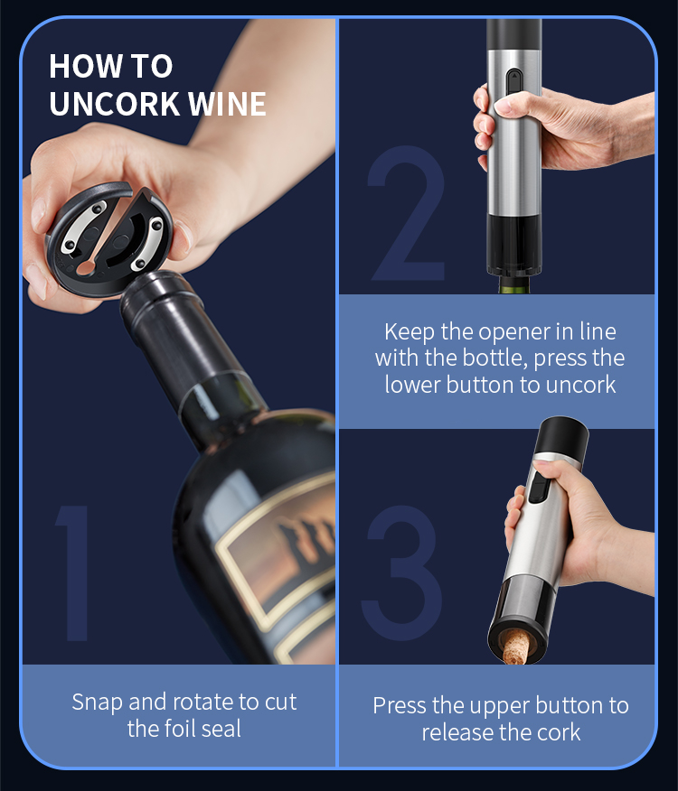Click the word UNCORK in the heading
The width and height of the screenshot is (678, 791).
click(115, 104)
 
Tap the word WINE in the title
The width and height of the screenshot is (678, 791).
click(227, 104)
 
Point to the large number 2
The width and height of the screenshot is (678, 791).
click(407, 213)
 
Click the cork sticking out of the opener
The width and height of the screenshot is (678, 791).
click(515, 647)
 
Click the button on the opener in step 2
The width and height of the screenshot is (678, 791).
click(513, 81)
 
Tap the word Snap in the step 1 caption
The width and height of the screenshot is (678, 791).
click(98, 703)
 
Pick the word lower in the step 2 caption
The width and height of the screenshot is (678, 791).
click(412, 385)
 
